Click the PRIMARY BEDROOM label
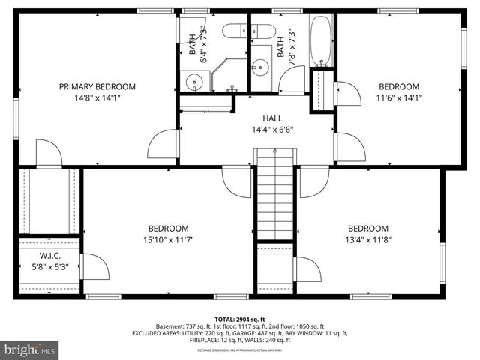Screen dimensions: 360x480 (97, 86)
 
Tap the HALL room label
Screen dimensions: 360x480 (271, 118)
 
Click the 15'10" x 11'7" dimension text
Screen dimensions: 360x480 (168, 240)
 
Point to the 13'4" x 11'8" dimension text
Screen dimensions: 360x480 (367, 240)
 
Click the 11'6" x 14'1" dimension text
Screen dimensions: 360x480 (398, 97)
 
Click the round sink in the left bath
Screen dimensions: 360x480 (194, 80)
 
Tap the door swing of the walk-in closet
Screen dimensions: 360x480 (91, 266)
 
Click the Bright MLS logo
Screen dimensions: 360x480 (30, 349)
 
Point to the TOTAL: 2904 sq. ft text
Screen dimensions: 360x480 (239, 319)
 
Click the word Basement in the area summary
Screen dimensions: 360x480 (171, 326)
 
